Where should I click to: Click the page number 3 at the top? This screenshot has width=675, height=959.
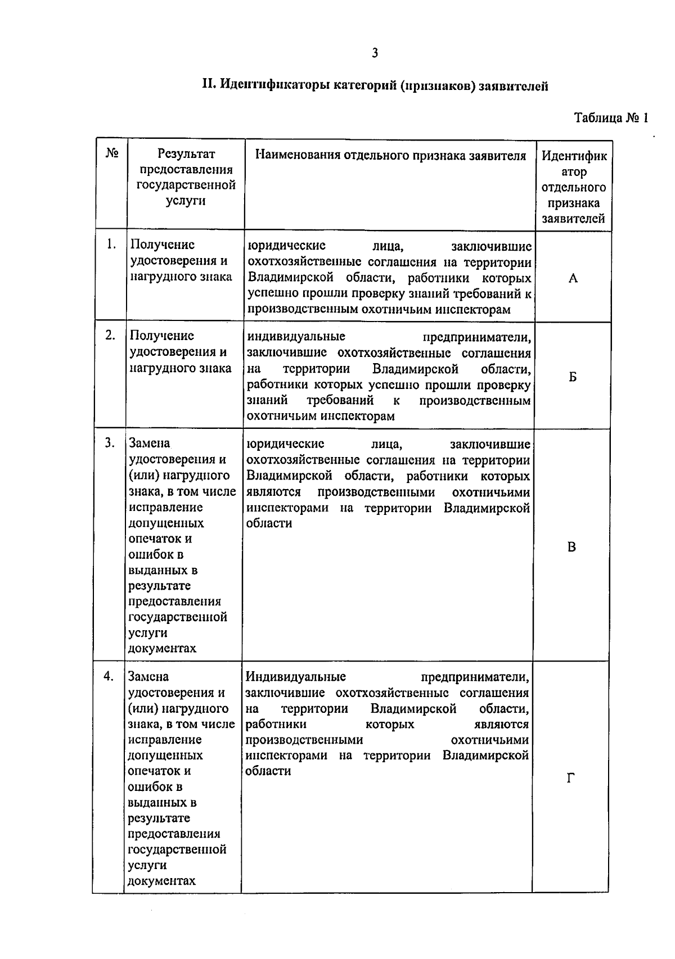[375, 53]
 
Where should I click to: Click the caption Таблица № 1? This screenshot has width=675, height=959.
[611, 118]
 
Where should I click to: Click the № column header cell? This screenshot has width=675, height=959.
[112, 153]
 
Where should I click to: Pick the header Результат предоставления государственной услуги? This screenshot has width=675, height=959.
[186, 177]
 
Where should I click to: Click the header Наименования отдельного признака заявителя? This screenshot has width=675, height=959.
[390, 156]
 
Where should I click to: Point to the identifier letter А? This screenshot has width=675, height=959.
[573, 278]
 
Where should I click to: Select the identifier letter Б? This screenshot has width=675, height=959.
[572, 377]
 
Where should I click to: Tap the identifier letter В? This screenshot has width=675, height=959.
[571, 547]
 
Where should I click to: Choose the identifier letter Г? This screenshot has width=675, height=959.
[570, 779]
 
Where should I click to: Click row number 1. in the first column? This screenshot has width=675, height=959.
[111, 245]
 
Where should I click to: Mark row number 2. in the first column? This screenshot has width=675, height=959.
[111, 336]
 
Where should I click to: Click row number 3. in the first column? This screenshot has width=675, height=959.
[110, 444]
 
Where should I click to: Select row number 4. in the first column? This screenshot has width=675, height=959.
[109, 676]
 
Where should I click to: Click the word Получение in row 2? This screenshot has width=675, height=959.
[162, 336]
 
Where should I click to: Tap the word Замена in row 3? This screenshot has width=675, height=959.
[149, 444]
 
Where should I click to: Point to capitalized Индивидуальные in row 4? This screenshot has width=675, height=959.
[295, 676]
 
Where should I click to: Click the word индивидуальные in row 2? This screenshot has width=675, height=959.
[296, 337]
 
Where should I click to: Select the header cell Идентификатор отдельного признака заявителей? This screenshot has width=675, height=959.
[574, 187]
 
